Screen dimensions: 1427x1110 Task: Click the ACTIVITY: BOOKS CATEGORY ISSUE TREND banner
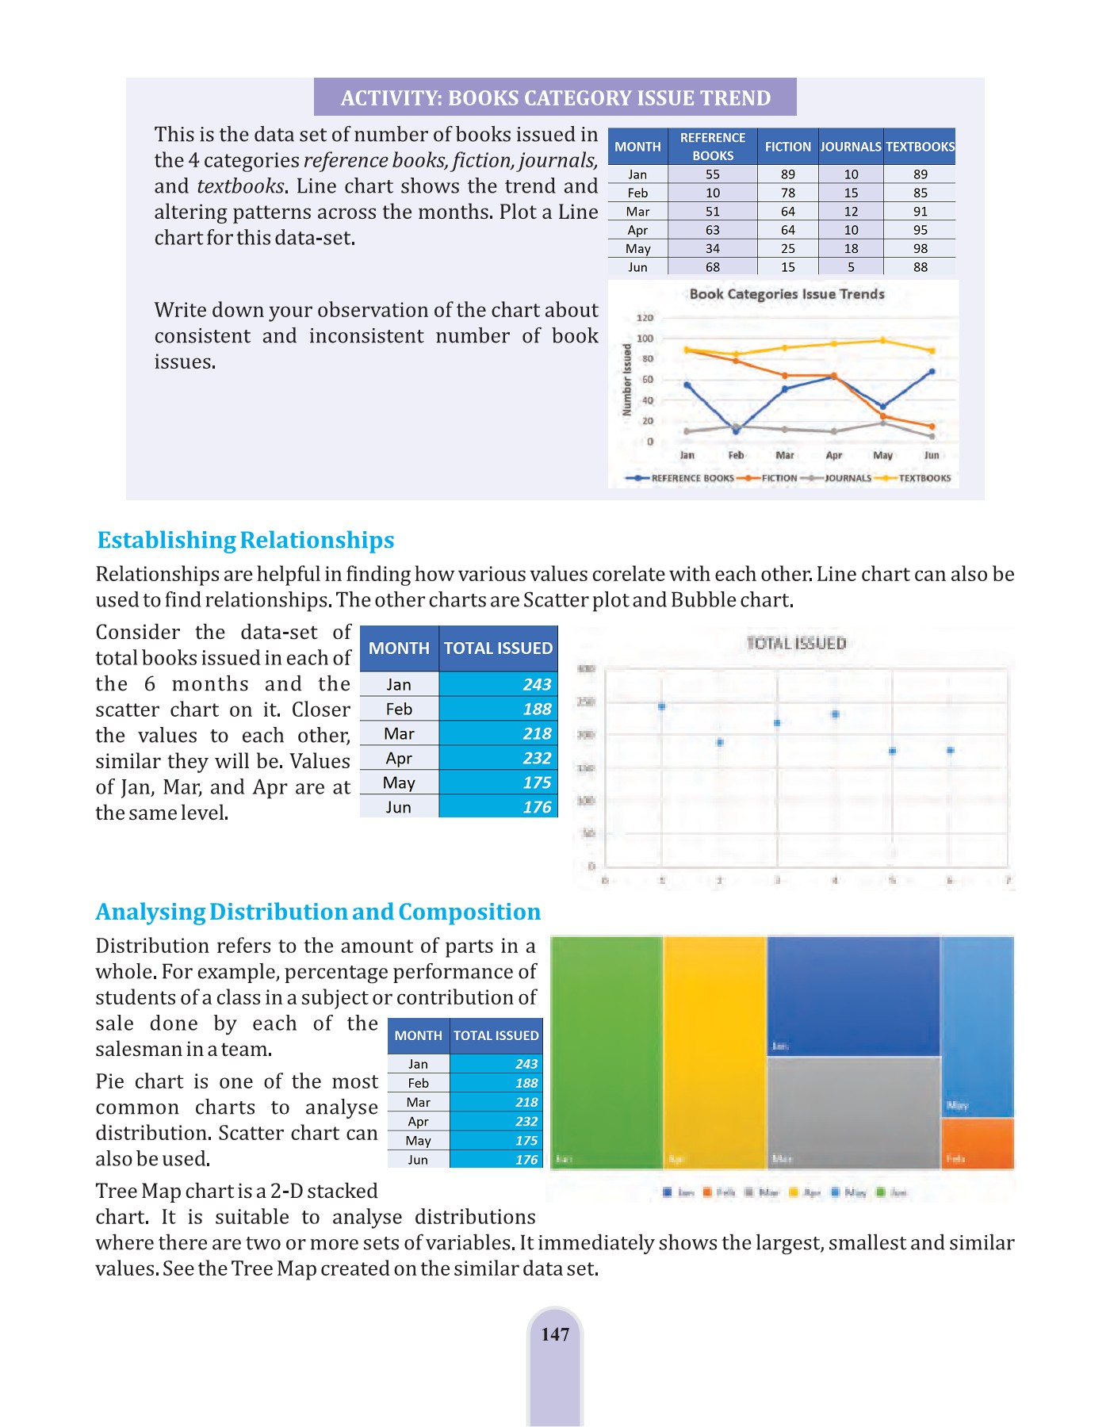[x=555, y=98]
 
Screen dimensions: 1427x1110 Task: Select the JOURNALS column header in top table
[x=851, y=147]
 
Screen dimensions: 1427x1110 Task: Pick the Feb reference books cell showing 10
[x=712, y=193]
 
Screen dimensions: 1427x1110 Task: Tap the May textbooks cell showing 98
[x=920, y=248]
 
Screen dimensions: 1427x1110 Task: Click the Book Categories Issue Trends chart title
[x=787, y=294]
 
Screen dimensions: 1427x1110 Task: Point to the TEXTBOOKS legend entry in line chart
[x=924, y=478]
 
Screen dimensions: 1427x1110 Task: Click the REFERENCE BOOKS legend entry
[x=691, y=478]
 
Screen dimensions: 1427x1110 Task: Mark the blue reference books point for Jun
[x=932, y=371]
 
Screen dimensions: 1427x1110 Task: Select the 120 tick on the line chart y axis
[x=645, y=318]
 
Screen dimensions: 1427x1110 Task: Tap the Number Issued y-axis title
[x=627, y=380]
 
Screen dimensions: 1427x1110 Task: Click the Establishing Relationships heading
[x=246, y=540]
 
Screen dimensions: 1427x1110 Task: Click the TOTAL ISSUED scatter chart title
[x=796, y=643]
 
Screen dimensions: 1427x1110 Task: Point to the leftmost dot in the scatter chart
[x=662, y=706]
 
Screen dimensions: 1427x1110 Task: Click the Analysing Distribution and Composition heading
[x=318, y=912]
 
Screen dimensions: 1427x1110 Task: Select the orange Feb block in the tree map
[x=977, y=1143]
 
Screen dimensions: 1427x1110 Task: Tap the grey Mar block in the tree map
[x=853, y=1113]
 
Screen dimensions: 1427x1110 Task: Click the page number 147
[x=555, y=1335]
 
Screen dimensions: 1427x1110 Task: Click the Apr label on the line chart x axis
[x=834, y=455]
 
